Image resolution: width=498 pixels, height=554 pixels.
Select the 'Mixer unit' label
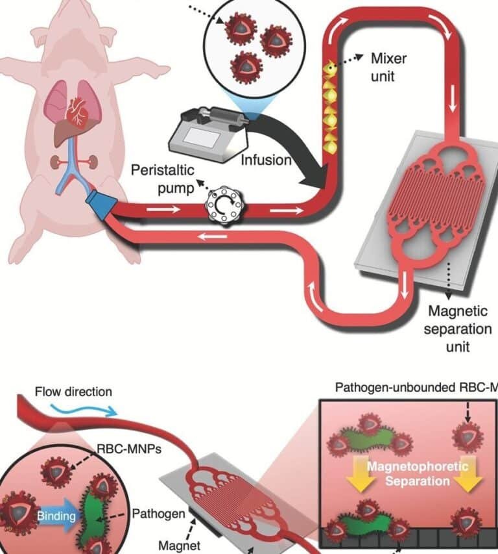click(x=389, y=66)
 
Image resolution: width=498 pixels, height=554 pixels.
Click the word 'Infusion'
click(x=268, y=159)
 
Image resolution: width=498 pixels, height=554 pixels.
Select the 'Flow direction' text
click(x=73, y=392)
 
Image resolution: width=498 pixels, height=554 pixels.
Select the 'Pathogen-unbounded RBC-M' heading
click(x=415, y=388)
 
